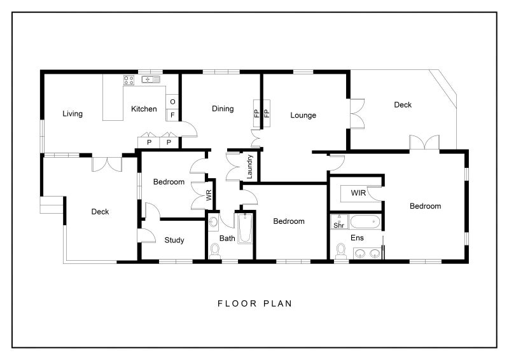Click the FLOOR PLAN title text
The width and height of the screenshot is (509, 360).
point(255,303)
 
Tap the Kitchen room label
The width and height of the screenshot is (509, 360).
point(144,109)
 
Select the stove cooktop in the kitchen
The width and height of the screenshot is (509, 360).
point(129,80)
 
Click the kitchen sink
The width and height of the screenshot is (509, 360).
point(151,80)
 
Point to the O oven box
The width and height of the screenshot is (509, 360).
point(172,102)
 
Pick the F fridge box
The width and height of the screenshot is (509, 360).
point(172,115)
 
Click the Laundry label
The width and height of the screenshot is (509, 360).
point(249,167)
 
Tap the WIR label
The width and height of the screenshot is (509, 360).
point(358,193)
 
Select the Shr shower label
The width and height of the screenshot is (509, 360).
point(338,225)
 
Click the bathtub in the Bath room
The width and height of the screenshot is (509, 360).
point(245,228)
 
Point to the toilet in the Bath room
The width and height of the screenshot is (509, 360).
point(214,251)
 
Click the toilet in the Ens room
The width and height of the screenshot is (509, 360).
point(340,251)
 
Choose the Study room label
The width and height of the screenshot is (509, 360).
point(174,240)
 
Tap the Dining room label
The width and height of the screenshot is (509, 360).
point(223,109)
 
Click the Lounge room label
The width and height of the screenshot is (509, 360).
point(303,115)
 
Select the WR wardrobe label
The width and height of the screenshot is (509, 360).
point(209,195)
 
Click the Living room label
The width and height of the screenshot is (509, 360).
point(73,114)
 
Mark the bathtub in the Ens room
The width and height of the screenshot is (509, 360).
point(365,222)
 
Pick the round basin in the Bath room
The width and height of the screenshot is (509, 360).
point(213,222)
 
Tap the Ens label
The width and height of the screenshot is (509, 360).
point(357,238)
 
